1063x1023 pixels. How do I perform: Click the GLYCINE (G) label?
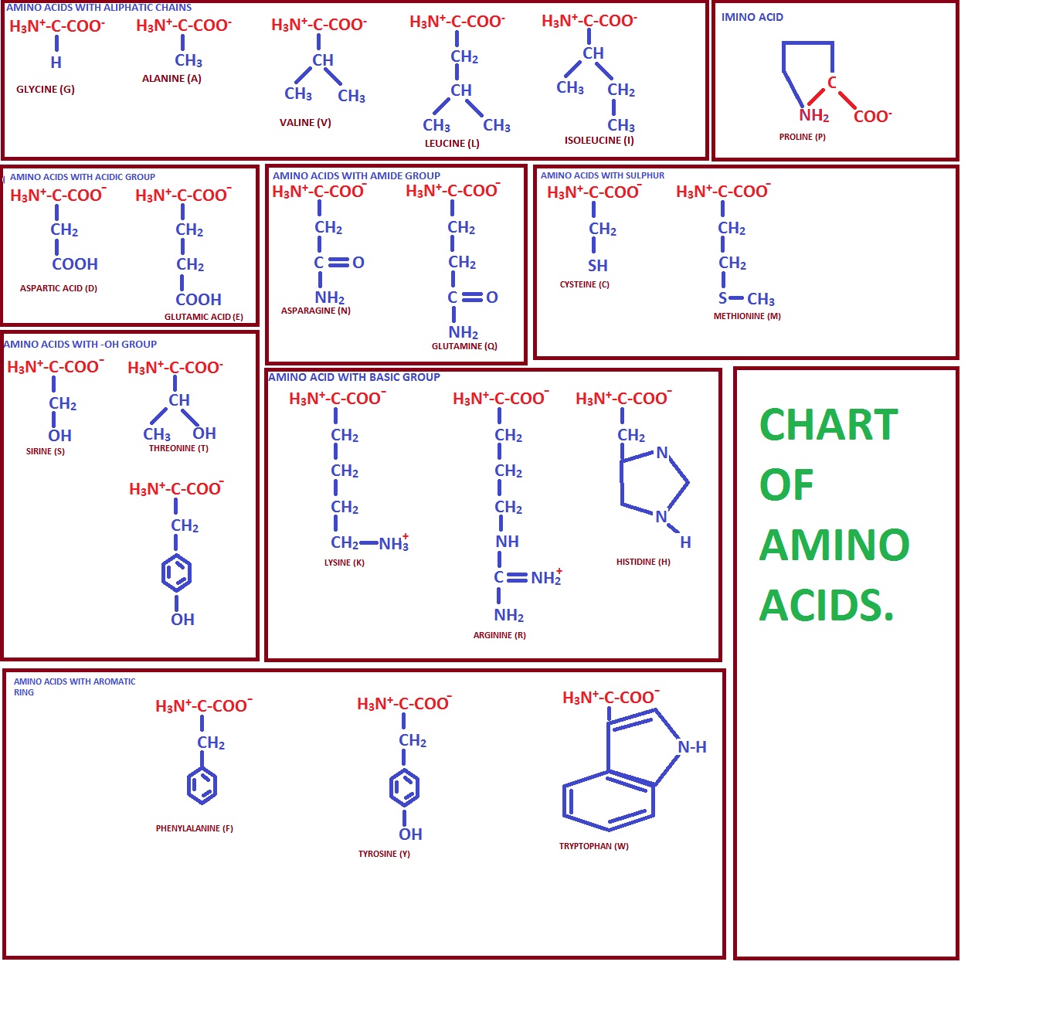click(x=46, y=90)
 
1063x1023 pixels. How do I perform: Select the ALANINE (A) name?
click(x=172, y=79)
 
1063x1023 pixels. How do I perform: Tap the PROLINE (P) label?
click(x=802, y=138)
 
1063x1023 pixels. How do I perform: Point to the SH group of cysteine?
click(x=598, y=266)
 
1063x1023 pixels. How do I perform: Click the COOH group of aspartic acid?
click(x=75, y=264)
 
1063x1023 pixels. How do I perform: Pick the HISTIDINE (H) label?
click(x=643, y=562)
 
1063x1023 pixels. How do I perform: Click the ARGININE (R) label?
click(x=499, y=635)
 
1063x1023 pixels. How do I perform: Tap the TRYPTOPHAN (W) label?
click(x=593, y=847)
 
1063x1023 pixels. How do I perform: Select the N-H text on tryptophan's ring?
click(x=692, y=747)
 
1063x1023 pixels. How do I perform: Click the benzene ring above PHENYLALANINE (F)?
click(x=202, y=787)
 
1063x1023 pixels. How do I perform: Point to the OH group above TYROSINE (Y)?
click(x=410, y=834)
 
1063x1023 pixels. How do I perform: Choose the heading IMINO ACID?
click(x=752, y=17)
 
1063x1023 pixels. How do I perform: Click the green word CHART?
click(x=828, y=425)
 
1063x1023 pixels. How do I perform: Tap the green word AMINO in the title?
click(x=834, y=545)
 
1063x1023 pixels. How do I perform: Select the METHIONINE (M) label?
click(x=747, y=317)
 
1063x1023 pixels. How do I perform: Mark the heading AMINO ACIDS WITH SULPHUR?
click(x=602, y=175)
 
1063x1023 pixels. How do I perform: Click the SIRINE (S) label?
click(x=46, y=452)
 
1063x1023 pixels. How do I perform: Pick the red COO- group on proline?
click(x=872, y=117)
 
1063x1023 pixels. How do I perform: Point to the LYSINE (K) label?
click(x=344, y=563)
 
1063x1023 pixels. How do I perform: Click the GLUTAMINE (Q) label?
click(x=464, y=346)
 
